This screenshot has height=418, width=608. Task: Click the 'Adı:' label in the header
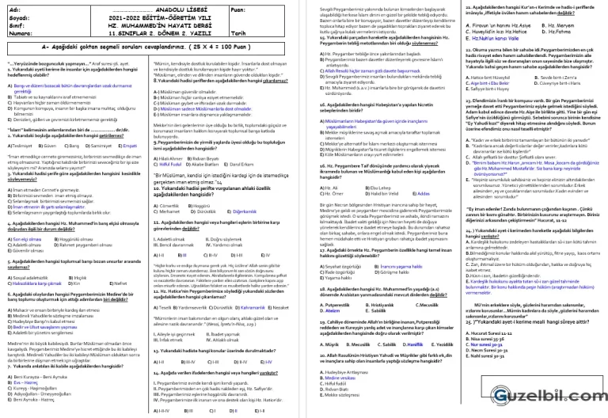point(13,9)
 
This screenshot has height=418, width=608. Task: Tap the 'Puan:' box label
point(239,9)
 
